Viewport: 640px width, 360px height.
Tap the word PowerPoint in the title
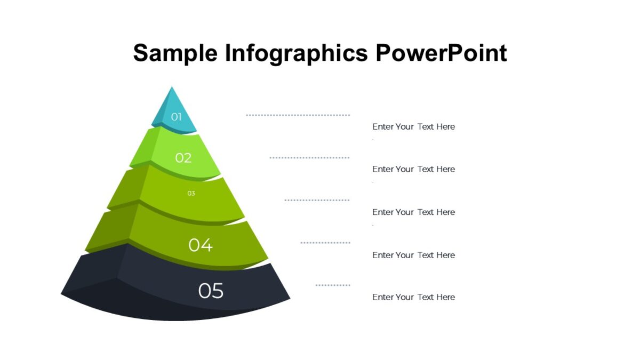441,53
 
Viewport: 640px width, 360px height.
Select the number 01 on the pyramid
177,117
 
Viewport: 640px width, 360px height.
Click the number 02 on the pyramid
183,158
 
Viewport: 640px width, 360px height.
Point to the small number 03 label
191,194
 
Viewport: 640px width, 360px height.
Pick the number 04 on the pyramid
201,245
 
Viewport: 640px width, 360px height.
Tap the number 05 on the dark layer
211,291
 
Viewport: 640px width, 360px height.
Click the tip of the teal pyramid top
172,89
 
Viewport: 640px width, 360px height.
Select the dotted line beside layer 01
298,115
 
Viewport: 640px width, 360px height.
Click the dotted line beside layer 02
309,158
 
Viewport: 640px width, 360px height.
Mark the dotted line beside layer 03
317,200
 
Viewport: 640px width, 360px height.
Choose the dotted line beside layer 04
325,243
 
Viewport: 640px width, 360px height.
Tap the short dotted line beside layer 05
333,285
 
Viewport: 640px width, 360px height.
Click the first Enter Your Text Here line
413,127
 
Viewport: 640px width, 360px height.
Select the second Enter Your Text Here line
413,169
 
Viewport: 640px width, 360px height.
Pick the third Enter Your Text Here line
413,212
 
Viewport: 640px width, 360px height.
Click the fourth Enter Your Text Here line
413,255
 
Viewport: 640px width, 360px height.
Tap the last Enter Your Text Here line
413,297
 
